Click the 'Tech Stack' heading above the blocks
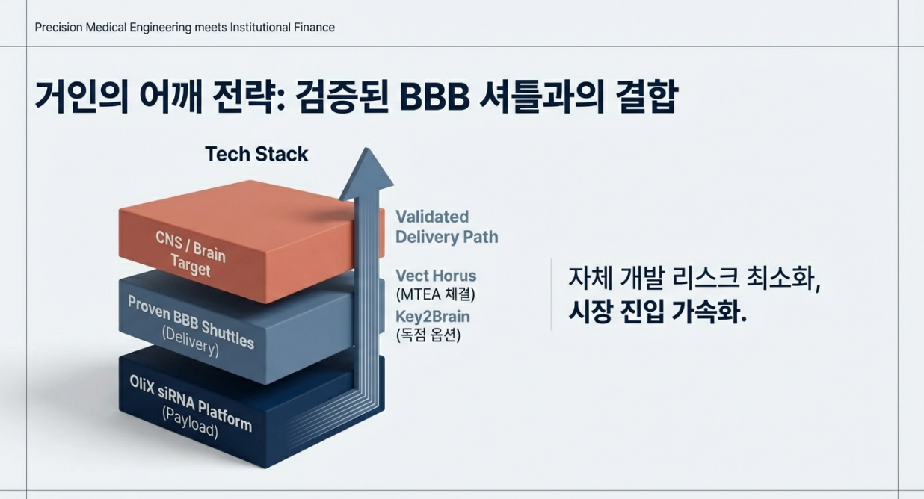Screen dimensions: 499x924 (x=256, y=154)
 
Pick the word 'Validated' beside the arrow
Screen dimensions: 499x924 (x=432, y=217)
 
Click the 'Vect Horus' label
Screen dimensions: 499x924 (x=436, y=275)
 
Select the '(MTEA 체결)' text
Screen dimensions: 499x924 (x=435, y=294)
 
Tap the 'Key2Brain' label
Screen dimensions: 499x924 (x=433, y=316)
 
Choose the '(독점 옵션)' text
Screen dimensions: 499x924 (x=428, y=335)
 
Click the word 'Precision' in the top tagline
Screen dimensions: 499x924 (x=58, y=28)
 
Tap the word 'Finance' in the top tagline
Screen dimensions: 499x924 (x=314, y=28)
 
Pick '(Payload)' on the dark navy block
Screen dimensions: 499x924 (x=189, y=424)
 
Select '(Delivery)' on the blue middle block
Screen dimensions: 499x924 (x=190, y=342)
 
